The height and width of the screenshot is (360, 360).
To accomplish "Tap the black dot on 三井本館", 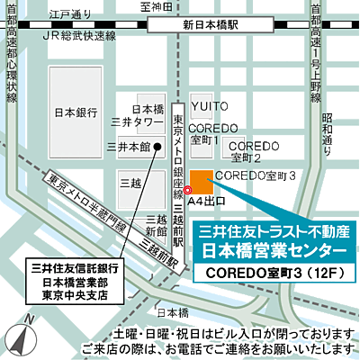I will pos(156,146).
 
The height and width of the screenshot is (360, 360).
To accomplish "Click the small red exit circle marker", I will pos(187,190).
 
